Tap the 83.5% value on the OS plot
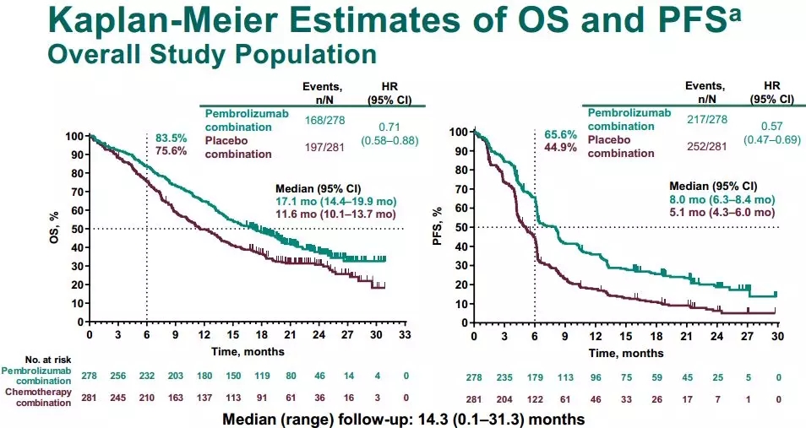click(x=170, y=138)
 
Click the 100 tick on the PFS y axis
click(x=458, y=133)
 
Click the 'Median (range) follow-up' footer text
click(x=402, y=418)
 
